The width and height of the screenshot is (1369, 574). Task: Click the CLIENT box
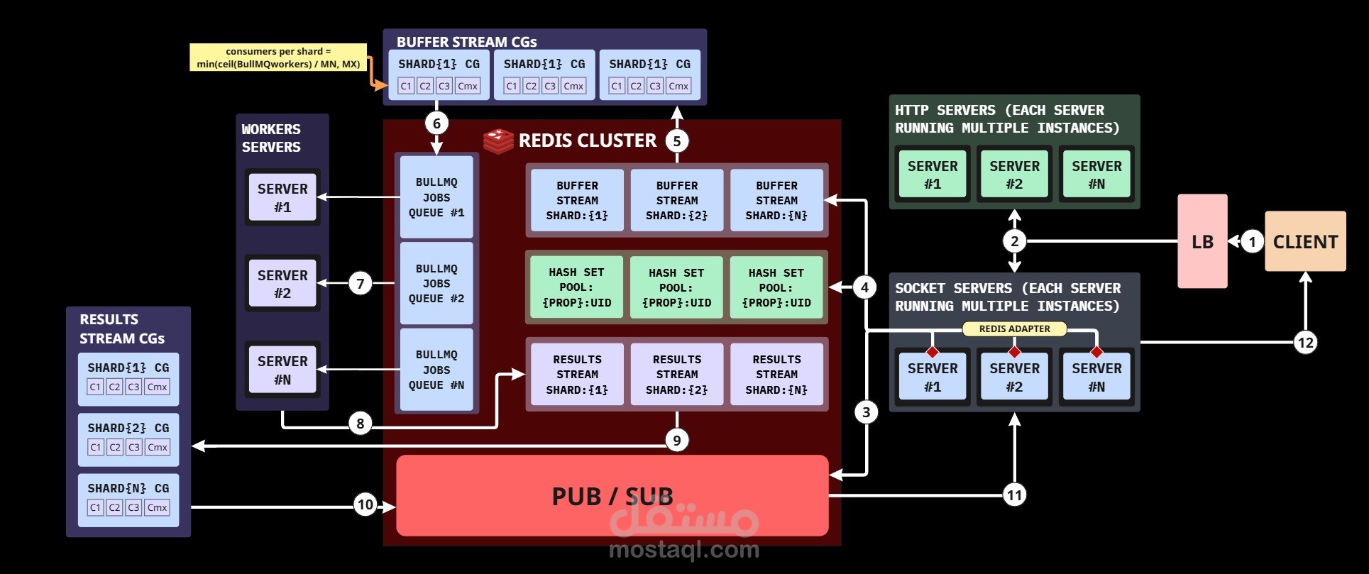point(1304,241)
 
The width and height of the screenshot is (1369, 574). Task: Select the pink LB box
point(1202,241)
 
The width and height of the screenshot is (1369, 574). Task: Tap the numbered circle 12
point(1305,343)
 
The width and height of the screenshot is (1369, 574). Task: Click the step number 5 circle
point(676,140)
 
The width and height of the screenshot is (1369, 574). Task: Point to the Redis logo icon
point(498,140)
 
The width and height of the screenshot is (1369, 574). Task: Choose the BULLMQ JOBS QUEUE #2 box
point(436,283)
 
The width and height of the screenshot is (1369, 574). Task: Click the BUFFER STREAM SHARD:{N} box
point(776,200)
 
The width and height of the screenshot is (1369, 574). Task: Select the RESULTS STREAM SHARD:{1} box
point(577,374)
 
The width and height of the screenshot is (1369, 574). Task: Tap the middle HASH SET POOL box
point(676,287)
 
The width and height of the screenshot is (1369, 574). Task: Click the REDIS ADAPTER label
point(1014,329)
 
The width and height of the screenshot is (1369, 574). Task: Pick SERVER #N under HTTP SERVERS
point(1096,175)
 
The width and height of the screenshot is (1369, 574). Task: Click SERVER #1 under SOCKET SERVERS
point(933,377)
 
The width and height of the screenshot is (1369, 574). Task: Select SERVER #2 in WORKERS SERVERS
point(282,284)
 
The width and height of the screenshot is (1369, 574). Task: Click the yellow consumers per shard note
point(278,57)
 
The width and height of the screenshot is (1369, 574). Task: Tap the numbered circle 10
point(365,504)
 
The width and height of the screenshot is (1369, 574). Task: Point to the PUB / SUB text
point(612,496)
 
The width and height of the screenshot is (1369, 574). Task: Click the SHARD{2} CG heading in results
point(128,428)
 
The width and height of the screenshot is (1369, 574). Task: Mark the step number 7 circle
point(361,284)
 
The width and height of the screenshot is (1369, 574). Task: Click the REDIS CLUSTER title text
point(587,140)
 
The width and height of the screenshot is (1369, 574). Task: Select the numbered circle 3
point(866,412)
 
